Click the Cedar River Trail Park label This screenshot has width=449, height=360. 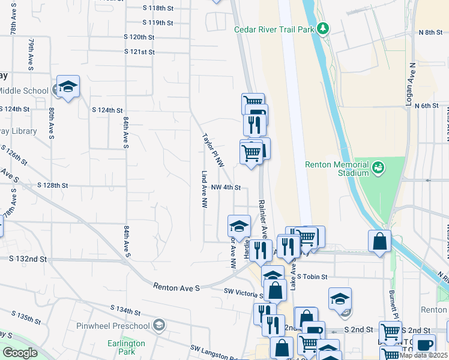(x=274, y=28)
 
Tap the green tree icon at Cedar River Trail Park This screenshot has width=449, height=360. (x=323, y=28)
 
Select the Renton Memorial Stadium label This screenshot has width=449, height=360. (x=336, y=169)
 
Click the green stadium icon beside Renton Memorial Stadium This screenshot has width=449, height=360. (x=378, y=166)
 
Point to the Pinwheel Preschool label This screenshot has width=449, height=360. (x=113, y=326)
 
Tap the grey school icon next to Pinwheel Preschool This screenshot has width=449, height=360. (x=158, y=325)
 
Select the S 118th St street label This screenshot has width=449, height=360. (x=158, y=8)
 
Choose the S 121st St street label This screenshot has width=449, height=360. (x=140, y=52)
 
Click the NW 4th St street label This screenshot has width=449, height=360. (x=226, y=187)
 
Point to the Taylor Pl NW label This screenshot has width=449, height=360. (x=213, y=150)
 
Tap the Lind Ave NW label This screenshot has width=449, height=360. (x=203, y=189)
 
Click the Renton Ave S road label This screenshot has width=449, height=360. (x=176, y=288)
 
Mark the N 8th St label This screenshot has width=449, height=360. (x=430, y=32)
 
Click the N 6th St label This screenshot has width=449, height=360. (x=430, y=106)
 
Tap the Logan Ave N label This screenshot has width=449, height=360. (x=411, y=83)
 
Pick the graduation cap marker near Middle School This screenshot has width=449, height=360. (x=68, y=87)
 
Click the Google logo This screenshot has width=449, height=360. (x=20, y=353)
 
